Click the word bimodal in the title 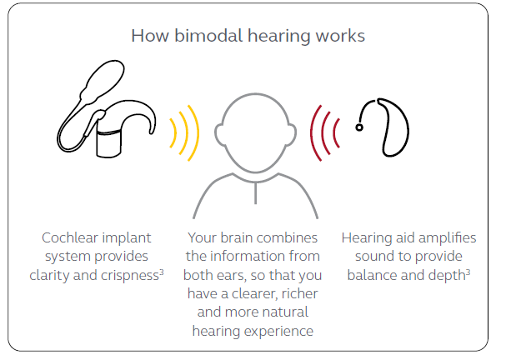point(208,35)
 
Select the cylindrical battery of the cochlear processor point(109,143)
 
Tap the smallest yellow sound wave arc point(174,133)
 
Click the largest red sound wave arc point(313,133)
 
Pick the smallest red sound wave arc point(335,133)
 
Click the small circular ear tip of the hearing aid point(359,127)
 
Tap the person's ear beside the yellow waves point(217,134)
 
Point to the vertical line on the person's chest point(255,193)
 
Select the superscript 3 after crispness point(162,272)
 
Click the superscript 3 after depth point(468,272)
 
